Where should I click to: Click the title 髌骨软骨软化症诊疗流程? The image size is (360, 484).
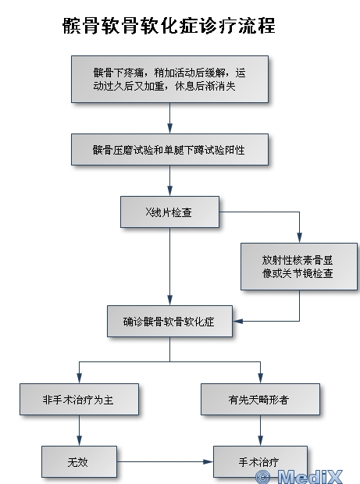(169, 25)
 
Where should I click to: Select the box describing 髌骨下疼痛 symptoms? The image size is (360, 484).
(169, 79)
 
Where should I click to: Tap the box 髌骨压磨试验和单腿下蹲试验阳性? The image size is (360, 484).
(169, 149)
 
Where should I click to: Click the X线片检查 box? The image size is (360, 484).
(169, 212)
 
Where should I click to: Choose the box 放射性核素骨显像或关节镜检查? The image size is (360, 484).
(299, 266)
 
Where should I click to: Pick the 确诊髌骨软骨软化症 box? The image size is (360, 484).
(169, 321)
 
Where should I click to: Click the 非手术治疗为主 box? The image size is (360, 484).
(79, 399)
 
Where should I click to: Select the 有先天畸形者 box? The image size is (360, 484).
(260, 399)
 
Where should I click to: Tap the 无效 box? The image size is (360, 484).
(79, 462)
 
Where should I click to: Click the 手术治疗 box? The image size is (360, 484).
(260, 462)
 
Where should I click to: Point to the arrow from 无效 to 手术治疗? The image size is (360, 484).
(165, 462)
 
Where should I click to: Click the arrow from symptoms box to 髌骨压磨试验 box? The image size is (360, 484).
(169, 118)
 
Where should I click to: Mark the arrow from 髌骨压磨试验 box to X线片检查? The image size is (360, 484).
(169, 180)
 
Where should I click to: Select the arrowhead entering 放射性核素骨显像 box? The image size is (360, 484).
(299, 238)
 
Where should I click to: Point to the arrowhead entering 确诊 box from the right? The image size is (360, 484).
(237, 321)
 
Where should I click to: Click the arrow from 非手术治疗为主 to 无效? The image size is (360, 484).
(79, 430)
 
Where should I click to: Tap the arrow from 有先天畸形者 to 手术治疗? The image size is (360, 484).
(260, 430)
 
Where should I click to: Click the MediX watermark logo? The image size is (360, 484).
(299, 477)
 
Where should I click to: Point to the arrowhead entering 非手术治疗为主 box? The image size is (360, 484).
(79, 379)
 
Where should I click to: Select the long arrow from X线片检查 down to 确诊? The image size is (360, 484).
(169, 267)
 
